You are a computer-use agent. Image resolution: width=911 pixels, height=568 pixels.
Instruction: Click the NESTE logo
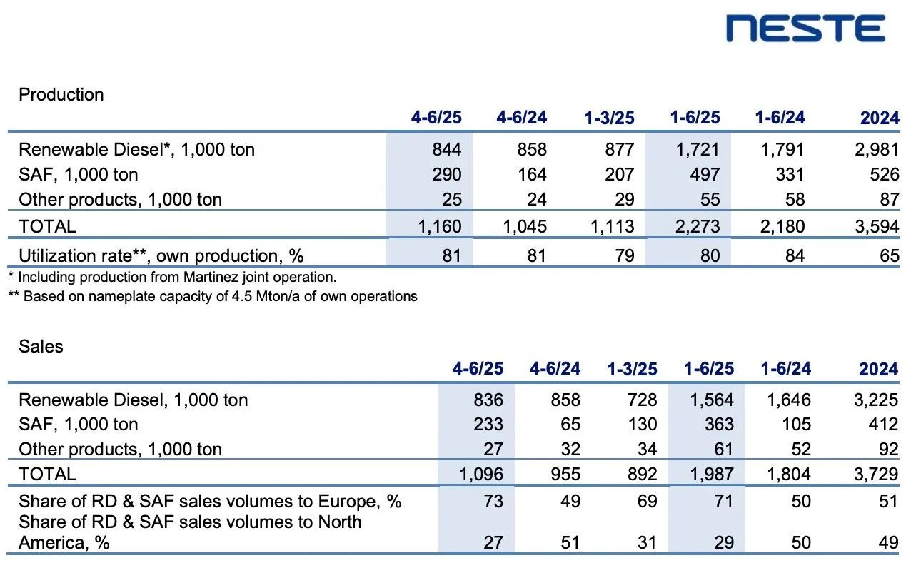[x=805, y=29]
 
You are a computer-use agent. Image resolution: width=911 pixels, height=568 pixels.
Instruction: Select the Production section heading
[x=61, y=95]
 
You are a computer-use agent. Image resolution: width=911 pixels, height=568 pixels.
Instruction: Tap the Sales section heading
[x=41, y=347]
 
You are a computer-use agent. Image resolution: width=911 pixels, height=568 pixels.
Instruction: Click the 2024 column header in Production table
[x=880, y=118]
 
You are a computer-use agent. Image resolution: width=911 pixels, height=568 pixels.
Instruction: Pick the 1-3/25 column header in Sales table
[x=632, y=370]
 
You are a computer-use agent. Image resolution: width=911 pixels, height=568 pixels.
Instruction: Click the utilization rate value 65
[x=889, y=255]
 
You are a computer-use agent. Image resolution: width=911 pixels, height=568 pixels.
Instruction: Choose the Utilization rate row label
[x=156, y=255]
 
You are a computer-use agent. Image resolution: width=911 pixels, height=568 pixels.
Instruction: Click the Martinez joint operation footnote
[x=172, y=277]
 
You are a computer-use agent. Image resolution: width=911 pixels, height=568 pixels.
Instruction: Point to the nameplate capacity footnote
[x=213, y=295]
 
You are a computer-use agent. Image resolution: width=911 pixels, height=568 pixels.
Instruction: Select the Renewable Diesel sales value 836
[x=488, y=400]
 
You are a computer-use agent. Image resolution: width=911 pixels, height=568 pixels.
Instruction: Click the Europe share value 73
[x=493, y=502]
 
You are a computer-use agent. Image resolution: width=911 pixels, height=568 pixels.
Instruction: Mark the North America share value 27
[x=493, y=543]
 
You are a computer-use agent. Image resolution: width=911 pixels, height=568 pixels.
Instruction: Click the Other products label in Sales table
[x=120, y=450]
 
